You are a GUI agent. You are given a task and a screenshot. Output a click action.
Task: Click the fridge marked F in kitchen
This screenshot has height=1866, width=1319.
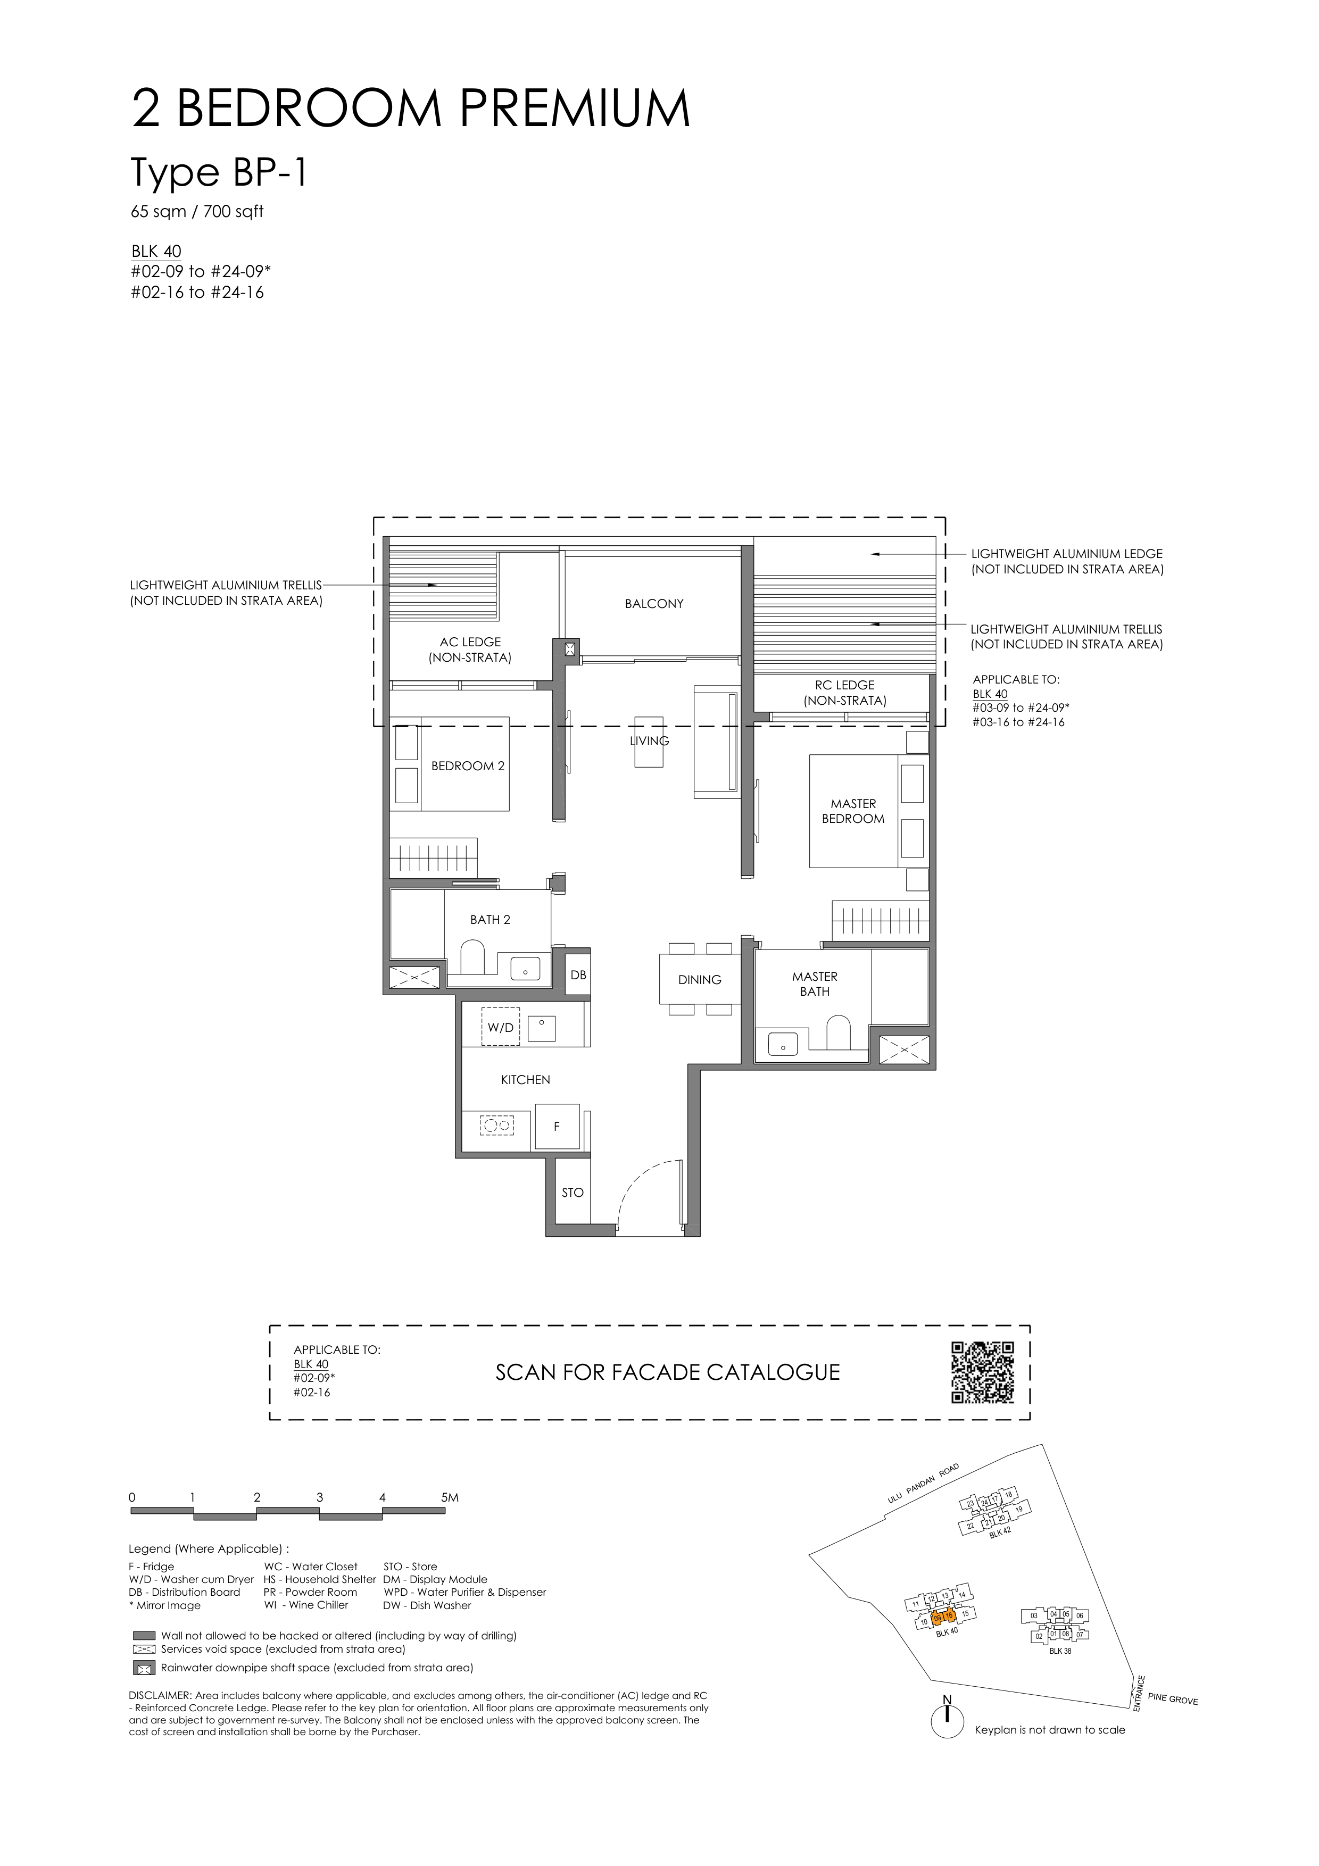pyautogui.click(x=557, y=1127)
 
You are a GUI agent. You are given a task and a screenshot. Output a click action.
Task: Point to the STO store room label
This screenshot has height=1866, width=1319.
pyautogui.click(x=572, y=1192)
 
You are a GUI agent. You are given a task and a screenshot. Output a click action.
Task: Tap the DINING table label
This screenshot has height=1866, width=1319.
pyautogui.click(x=699, y=979)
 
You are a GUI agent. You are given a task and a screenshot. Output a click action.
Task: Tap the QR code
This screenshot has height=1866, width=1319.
pyautogui.click(x=983, y=1373)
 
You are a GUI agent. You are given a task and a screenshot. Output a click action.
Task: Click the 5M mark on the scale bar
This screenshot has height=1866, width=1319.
pyautogui.click(x=449, y=1497)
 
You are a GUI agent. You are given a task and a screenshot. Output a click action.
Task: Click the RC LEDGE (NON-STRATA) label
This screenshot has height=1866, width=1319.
pyautogui.click(x=844, y=693)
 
